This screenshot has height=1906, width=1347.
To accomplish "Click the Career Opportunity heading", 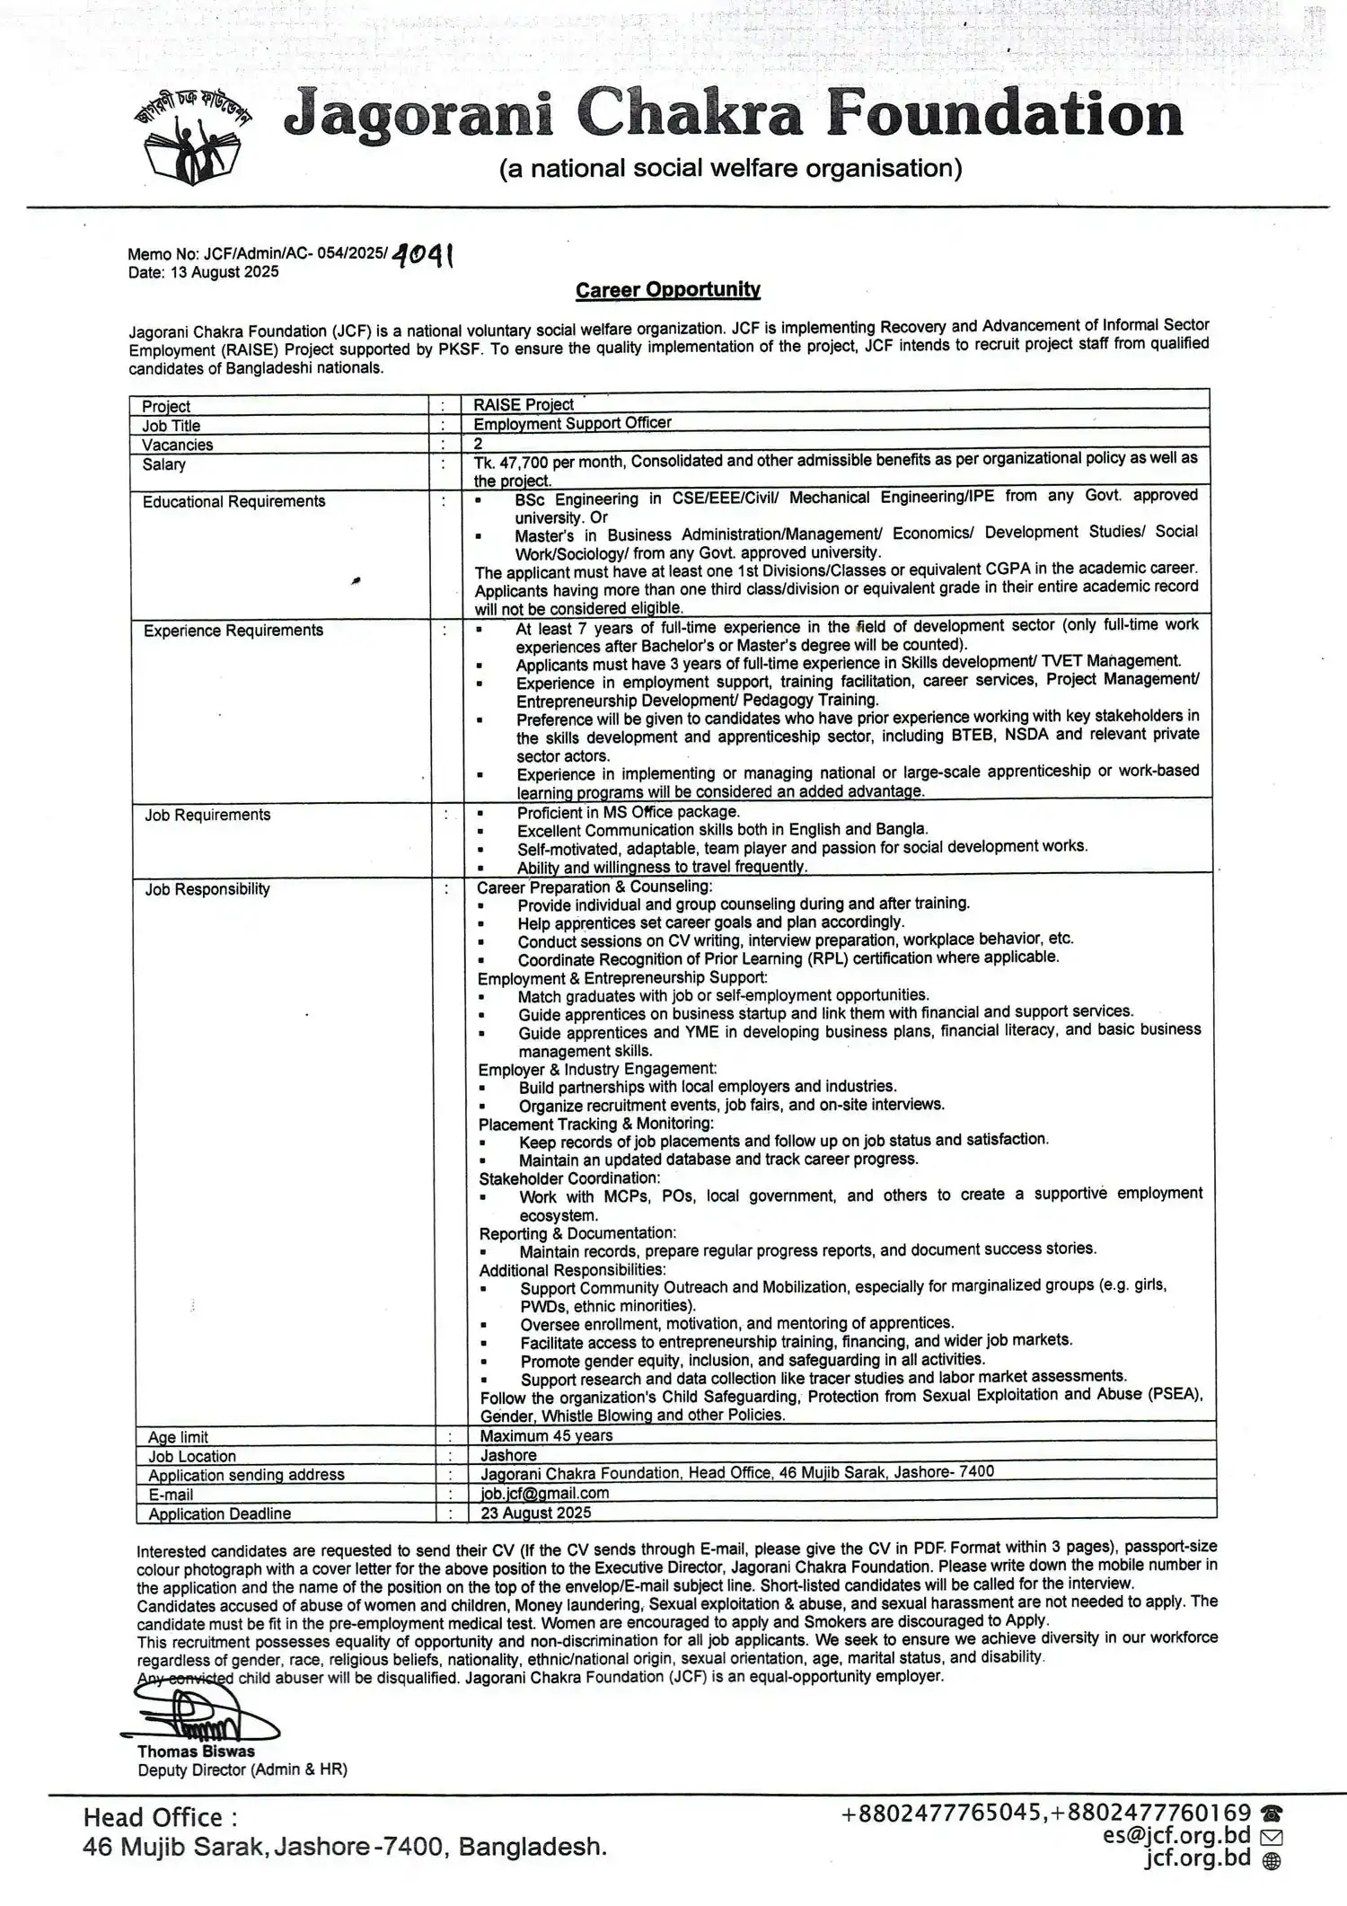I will coord(667,289).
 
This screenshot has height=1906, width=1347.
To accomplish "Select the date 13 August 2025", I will coord(224,272).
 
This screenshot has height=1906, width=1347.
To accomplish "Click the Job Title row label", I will coord(171,426).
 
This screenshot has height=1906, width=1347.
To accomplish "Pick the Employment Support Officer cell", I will coord(572,423).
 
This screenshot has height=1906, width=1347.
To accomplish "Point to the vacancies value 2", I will coord(479,444).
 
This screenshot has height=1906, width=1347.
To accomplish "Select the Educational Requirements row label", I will coord(233,501).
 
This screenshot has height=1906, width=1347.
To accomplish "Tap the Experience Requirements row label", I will coord(233,631).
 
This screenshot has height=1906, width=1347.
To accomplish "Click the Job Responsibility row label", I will coord(207,889).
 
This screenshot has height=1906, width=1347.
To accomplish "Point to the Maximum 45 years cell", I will coord(546,1436).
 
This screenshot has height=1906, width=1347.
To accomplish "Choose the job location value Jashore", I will coord(508,1455).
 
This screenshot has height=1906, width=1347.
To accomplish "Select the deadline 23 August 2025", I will coord(535,1513).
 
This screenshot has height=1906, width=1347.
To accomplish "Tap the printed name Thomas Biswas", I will coord(196,1752).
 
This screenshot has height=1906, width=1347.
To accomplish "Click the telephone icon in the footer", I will coord(1271,1813).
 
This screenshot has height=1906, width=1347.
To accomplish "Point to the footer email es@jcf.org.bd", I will coord(1176,1835).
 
